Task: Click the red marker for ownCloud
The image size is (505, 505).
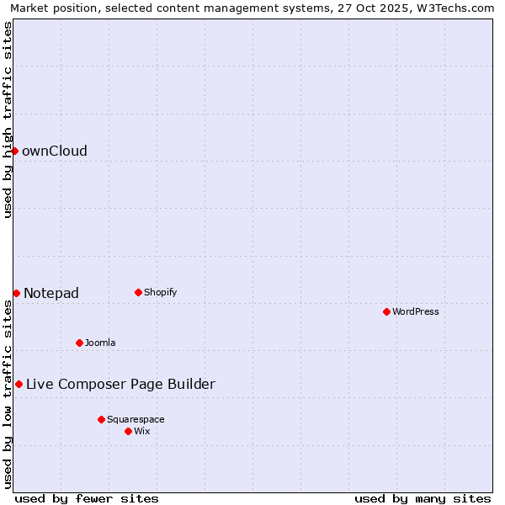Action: [x=14, y=151]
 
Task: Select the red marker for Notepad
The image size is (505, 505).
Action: [x=16, y=293]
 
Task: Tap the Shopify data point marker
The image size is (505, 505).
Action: [x=138, y=292]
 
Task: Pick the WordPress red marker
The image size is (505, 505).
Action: [x=386, y=311]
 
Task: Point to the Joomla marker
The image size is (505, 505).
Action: [x=79, y=343]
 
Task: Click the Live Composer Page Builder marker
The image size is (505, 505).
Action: [x=19, y=384]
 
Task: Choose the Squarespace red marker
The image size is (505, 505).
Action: [x=101, y=419]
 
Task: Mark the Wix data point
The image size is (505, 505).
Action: [x=128, y=431]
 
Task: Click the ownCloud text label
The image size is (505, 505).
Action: [x=55, y=151]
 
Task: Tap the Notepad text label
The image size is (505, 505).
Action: [x=51, y=294]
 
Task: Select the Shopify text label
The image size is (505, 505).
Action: [x=160, y=293]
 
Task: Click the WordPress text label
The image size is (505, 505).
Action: [x=416, y=312]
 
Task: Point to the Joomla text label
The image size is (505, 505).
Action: [x=100, y=343]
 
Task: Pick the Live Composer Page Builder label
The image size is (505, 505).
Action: [x=120, y=385]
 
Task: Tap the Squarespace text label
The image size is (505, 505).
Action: [x=136, y=420]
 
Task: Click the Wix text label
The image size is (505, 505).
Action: [x=142, y=432]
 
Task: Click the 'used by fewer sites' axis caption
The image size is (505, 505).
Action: [x=87, y=498]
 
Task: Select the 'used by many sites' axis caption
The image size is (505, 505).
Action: [x=423, y=498]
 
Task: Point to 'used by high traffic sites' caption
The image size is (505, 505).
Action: [x=8, y=120]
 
